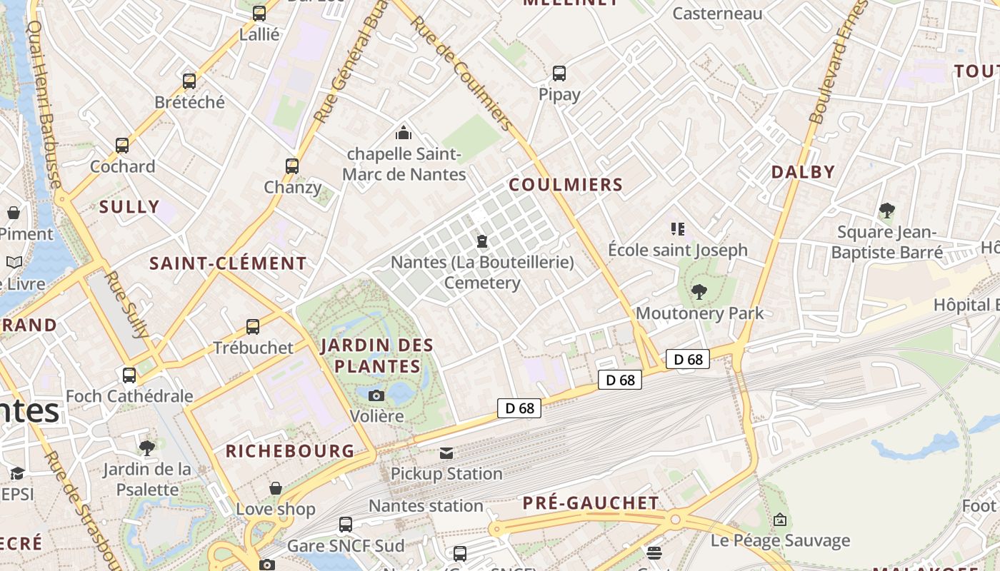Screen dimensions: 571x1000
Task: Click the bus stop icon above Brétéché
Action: (189, 81)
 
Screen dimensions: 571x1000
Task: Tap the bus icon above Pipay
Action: (559, 73)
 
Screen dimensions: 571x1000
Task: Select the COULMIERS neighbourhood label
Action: (566, 185)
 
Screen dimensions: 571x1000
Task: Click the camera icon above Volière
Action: (376, 395)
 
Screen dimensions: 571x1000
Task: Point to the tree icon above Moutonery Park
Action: (699, 291)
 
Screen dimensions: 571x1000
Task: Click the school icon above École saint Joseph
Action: (678, 229)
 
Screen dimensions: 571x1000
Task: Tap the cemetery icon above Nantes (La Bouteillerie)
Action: (482, 241)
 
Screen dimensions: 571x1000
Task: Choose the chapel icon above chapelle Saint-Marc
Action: (404, 133)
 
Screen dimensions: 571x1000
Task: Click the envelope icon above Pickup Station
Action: (446, 453)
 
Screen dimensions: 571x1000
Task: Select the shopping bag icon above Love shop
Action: (276, 488)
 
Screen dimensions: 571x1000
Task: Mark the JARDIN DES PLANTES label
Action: (377, 355)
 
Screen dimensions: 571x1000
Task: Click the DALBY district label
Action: (803, 172)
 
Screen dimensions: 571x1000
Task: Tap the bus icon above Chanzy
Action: (292, 166)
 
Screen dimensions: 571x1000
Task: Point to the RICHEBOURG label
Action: (290, 451)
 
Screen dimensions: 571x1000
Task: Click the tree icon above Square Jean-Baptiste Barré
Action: (886, 211)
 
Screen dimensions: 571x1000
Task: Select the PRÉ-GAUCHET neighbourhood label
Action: (591, 503)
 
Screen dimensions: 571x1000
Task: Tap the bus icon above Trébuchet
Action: (253, 327)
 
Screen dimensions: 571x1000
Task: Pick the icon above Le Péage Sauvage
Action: (780, 520)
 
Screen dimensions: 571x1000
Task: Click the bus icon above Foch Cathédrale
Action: (129, 375)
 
